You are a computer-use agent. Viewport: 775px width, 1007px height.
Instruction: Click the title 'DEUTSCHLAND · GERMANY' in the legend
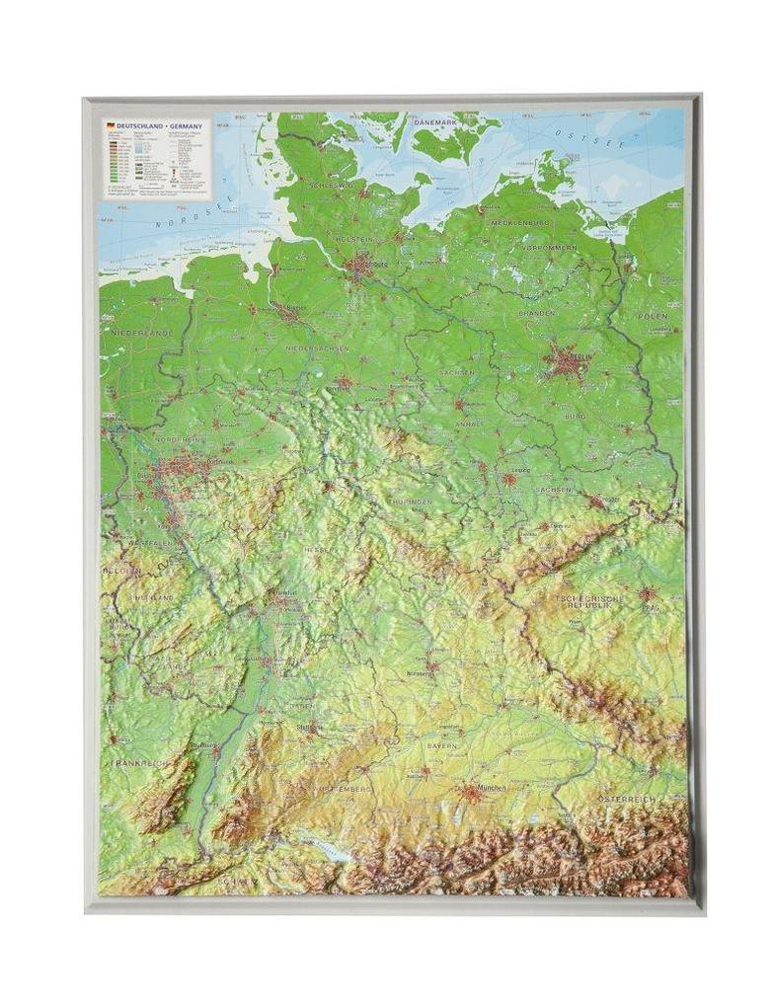point(159,126)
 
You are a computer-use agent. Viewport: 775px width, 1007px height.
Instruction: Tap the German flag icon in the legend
point(111,126)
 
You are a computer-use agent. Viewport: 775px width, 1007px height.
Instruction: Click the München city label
point(491,788)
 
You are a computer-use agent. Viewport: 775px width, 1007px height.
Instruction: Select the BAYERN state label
point(441,745)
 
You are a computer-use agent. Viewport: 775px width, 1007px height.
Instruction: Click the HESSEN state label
point(320,549)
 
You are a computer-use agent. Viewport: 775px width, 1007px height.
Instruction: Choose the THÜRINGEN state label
point(410,503)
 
